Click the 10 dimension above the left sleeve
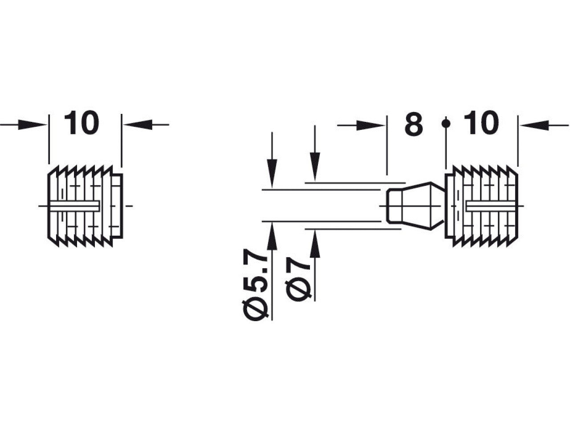[x=81, y=123]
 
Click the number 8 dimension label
[x=414, y=124]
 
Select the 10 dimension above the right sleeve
[x=481, y=123]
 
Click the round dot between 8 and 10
[x=446, y=124]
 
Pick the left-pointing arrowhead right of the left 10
[x=138, y=125]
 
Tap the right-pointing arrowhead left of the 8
[x=370, y=125]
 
